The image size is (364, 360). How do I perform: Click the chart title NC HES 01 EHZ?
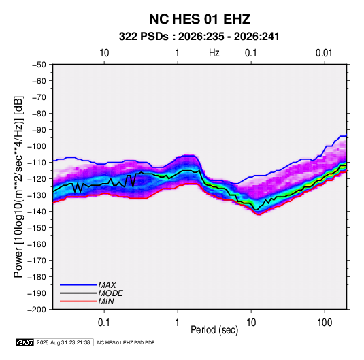tap(199, 19)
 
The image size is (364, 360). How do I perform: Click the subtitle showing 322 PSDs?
tap(199, 37)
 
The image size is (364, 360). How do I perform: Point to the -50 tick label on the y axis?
tap(39, 65)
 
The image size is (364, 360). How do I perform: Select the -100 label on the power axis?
tap(37, 146)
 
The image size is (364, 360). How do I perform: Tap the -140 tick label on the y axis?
tap(37, 212)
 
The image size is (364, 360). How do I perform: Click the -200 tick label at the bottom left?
tap(37, 310)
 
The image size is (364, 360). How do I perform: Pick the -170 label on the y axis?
tap(37, 261)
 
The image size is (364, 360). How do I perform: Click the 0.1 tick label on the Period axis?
tap(103, 323)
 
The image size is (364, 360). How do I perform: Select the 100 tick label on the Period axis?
tap(325, 323)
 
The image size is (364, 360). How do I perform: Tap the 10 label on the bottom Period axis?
tap(251, 323)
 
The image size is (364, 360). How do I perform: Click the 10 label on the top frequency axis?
tap(104, 53)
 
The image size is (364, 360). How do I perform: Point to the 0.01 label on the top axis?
tap(324, 53)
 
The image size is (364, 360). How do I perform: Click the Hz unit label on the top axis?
tap(214, 53)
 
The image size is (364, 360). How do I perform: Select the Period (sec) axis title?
tap(214, 330)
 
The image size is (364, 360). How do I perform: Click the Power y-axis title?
tap(18, 186)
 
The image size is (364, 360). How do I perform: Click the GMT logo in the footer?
tap(25, 342)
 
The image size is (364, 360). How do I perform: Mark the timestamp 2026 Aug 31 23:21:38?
tap(63, 342)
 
